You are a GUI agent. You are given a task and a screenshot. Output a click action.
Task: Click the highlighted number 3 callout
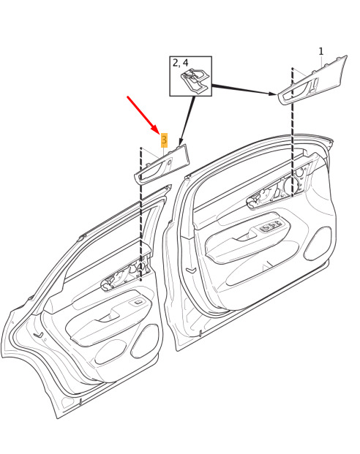164,140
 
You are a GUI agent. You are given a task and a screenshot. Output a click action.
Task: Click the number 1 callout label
321,51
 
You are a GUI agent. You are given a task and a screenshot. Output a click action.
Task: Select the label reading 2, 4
180,63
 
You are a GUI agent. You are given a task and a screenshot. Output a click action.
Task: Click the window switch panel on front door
272,226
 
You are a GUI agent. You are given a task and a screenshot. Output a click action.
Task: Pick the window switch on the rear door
138,302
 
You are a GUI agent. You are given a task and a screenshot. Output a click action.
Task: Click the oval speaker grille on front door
318,243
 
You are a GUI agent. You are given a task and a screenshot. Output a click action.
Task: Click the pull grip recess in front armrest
246,237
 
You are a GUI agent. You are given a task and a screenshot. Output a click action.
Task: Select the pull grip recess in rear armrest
108,317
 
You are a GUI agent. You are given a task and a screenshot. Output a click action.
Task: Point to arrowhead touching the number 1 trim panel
273,94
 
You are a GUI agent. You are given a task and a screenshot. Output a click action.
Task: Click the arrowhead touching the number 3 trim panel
181,142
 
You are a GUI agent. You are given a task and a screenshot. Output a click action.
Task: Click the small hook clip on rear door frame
39,336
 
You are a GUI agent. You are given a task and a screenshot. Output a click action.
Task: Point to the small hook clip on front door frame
191,270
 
